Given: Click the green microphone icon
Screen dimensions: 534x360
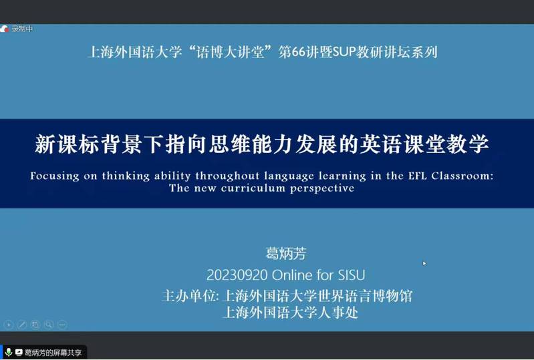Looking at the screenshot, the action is point(9,352).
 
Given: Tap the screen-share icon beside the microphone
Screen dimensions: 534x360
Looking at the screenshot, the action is point(19,353).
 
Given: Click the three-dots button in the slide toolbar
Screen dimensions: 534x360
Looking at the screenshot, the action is point(62,325).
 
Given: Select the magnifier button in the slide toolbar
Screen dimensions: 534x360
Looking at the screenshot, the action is point(49,325).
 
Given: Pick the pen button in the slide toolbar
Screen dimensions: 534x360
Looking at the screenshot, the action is point(22,325).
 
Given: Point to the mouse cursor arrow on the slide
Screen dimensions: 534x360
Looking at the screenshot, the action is point(424,263).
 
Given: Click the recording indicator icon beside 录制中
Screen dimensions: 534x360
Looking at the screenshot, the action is point(5,29).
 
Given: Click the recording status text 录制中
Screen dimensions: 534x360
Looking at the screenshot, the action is point(22,29).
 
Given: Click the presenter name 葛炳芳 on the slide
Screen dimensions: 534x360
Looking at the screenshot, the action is point(286,254).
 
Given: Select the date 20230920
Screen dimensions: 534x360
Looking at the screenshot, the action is point(237,275).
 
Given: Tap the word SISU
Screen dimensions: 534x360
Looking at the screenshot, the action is point(351,275).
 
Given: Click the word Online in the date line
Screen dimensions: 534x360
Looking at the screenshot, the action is point(292,275).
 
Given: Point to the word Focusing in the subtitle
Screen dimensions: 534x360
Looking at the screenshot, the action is point(55,176).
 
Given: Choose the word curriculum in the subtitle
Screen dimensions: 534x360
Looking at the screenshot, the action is point(253,188).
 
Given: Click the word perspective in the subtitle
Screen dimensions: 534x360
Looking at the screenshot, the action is point(322,189).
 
